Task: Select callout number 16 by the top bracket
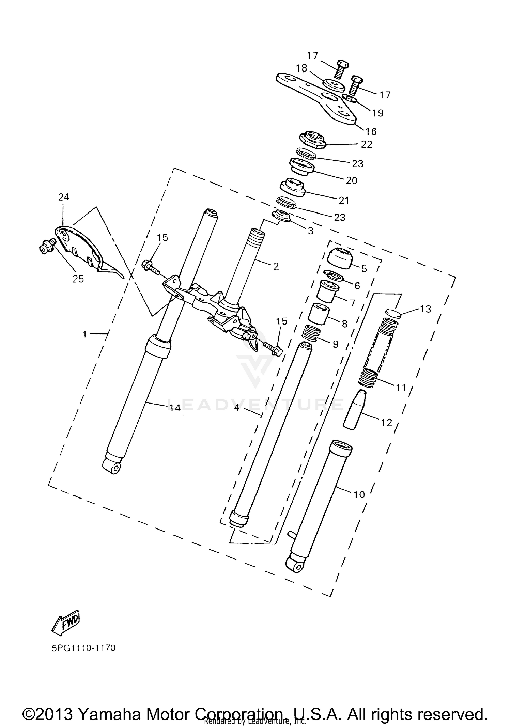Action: click(371, 131)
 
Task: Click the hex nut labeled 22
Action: click(312, 139)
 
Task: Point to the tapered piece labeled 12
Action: click(354, 409)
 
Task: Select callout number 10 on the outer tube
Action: click(359, 494)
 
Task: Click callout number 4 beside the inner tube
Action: click(237, 407)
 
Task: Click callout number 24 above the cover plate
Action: click(64, 197)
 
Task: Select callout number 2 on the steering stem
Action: click(276, 266)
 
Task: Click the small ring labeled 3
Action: click(281, 216)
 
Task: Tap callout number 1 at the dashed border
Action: click(85, 334)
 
